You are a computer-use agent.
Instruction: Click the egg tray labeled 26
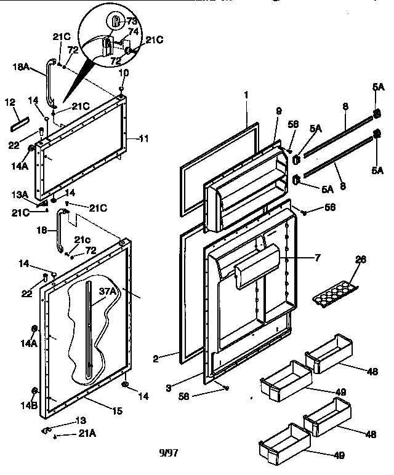coord(335,294)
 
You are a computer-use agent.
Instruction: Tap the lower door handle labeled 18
coord(60,231)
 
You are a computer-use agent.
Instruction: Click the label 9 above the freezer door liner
coord(278,111)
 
